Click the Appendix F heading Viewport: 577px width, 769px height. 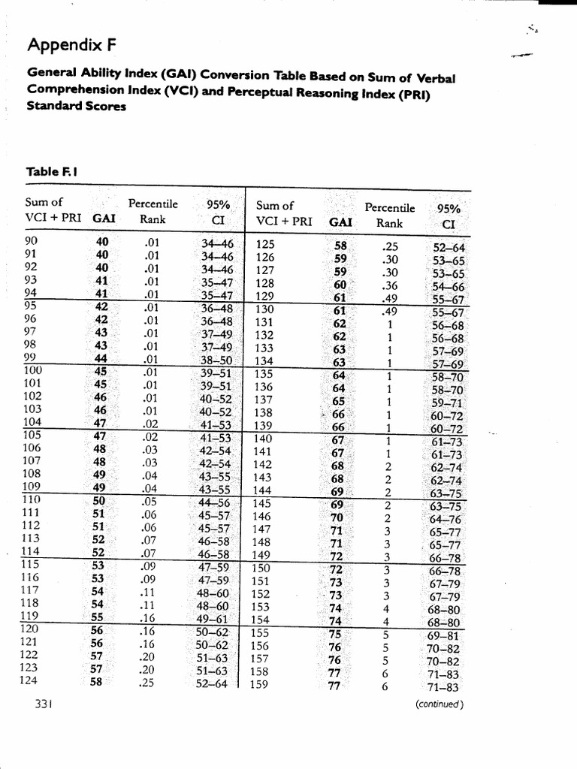click(72, 46)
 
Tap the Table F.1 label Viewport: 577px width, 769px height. click(53, 172)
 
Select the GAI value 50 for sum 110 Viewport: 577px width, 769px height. click(99, 500)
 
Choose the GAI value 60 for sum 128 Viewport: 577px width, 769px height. click(340, 284)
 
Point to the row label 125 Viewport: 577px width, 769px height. click(265, 244)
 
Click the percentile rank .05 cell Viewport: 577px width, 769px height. click(151, 500)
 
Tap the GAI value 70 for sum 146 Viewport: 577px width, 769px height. click(337, 517)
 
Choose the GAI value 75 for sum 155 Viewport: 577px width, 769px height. click(335, 634)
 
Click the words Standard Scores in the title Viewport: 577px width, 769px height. click(76, 106)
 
